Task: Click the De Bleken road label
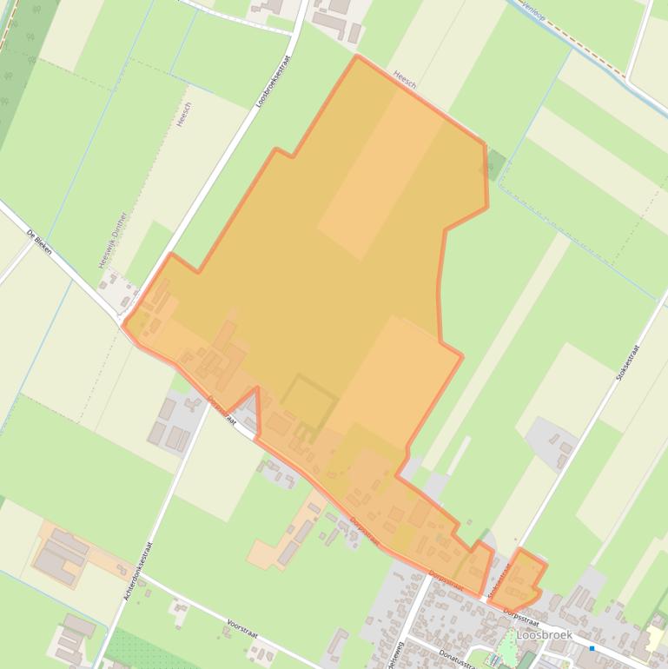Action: point(40,241)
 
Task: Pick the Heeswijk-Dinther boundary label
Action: point(114,239)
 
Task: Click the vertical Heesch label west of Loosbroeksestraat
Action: point(183,115)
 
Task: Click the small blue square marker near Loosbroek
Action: point(592,647)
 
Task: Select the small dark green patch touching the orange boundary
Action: point(495,164)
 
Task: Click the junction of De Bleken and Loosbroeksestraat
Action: point(123,317)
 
